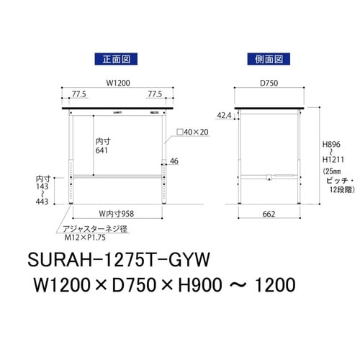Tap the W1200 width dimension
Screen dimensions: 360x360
point(119,83)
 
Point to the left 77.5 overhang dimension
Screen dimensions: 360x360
point(70,94)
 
